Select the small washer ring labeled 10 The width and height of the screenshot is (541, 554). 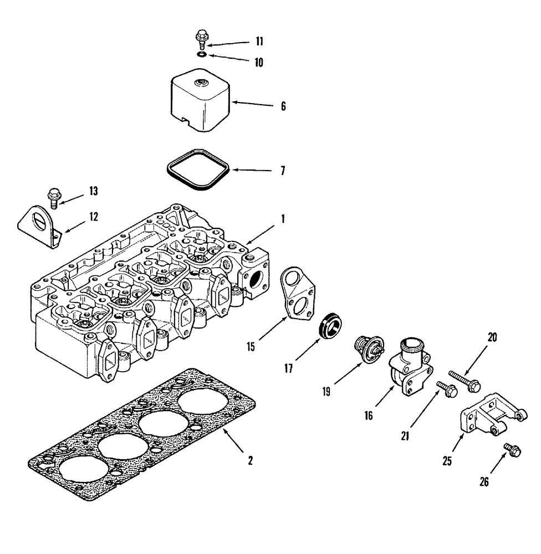point(202,54)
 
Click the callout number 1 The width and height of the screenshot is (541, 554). point(282,219)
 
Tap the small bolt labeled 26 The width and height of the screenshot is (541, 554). point(511,449)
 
